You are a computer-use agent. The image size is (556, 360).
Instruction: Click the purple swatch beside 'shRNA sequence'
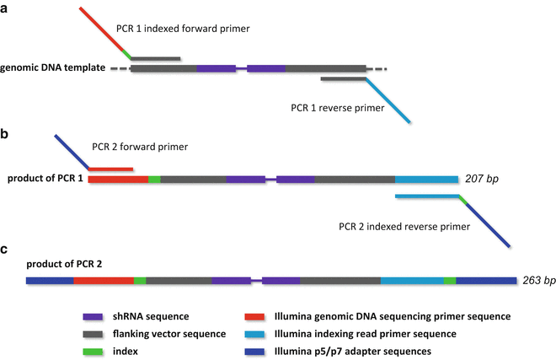click(x=93, y=317)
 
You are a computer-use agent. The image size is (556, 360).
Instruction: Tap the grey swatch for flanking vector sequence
click(x=93, y=334)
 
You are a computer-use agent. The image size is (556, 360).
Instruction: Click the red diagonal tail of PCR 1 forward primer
click(x=101, y=30)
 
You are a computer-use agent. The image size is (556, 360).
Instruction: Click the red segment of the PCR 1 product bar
click(x=117, y=179)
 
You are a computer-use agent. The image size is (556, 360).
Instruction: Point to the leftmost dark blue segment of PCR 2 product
click(x=49, y=280)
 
